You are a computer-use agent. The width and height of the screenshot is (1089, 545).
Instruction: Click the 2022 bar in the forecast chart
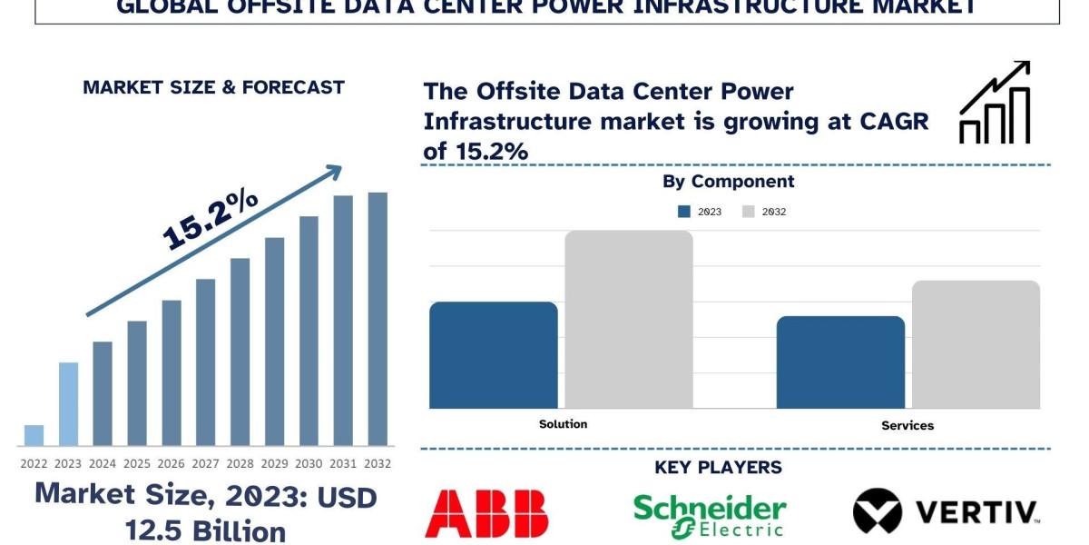(x=34, y=435)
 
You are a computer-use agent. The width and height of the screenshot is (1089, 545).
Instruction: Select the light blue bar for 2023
(x=68, y=404)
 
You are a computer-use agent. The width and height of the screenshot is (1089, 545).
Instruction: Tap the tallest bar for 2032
(x=378, y=319)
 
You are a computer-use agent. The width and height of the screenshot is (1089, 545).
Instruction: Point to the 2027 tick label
(x=206, y=463)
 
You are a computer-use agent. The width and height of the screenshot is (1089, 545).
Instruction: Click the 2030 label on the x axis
(x=309, y=463)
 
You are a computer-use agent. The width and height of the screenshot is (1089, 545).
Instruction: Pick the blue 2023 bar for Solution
(x=493, y=355)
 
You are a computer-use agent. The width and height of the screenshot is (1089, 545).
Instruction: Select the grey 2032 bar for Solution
(x=629, y=319)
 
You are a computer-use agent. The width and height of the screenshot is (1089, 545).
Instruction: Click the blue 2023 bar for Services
(x=840, y=362)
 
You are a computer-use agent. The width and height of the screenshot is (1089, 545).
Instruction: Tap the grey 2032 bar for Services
(x=976, y=344)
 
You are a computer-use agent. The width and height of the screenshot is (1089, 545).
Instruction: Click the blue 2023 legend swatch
(x=684, y=212)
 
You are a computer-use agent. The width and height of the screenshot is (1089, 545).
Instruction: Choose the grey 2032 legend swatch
(x=749, y=212)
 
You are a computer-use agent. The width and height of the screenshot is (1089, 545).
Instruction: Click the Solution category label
(x=563, y=424)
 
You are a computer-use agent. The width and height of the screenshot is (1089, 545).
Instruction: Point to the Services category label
(x=907, y=425)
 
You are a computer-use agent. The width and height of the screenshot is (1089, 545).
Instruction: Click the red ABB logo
(x=486, y=513)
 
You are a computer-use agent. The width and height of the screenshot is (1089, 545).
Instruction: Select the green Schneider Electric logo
(x=710, y=515)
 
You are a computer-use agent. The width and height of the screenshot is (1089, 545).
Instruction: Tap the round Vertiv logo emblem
(x=878, y=510)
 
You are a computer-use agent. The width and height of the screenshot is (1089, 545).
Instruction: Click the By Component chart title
(x=728, y=182)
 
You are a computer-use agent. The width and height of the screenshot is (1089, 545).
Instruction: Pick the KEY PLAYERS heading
(x=718, y=468)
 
